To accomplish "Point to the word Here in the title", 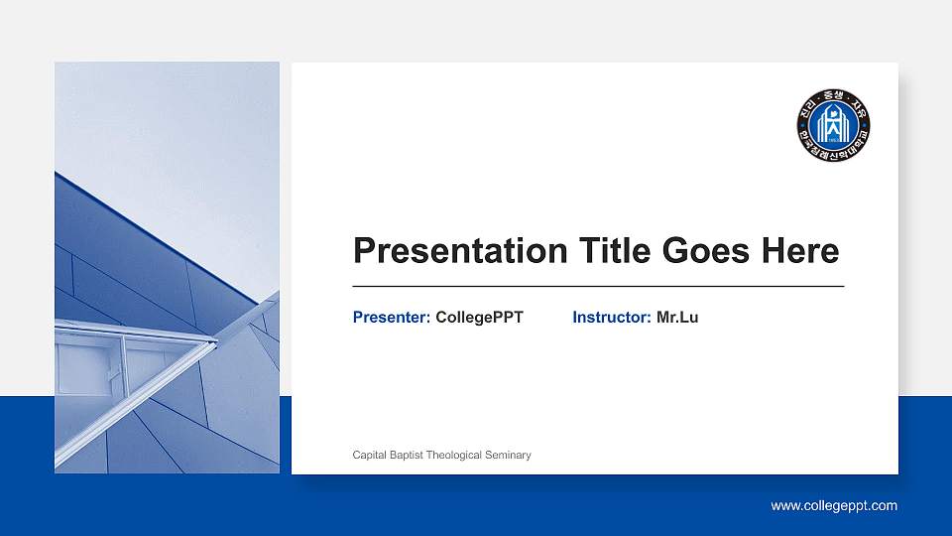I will tap(799, 251).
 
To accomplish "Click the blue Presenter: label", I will tap(392, 318).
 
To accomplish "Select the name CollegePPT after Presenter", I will tap(479, 318).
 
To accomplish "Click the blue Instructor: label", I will tap(611, 318).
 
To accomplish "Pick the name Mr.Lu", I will tap(677, 318).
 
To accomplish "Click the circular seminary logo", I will tap(833, 125).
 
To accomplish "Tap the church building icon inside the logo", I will tap(833, 125).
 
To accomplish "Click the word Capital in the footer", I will tap(370, 455).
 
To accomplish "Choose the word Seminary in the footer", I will tap(509, 455).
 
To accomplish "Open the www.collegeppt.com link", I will tap(834, 506).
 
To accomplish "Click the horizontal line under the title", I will tap(598, 286).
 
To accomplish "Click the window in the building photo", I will tap(89, 367).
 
